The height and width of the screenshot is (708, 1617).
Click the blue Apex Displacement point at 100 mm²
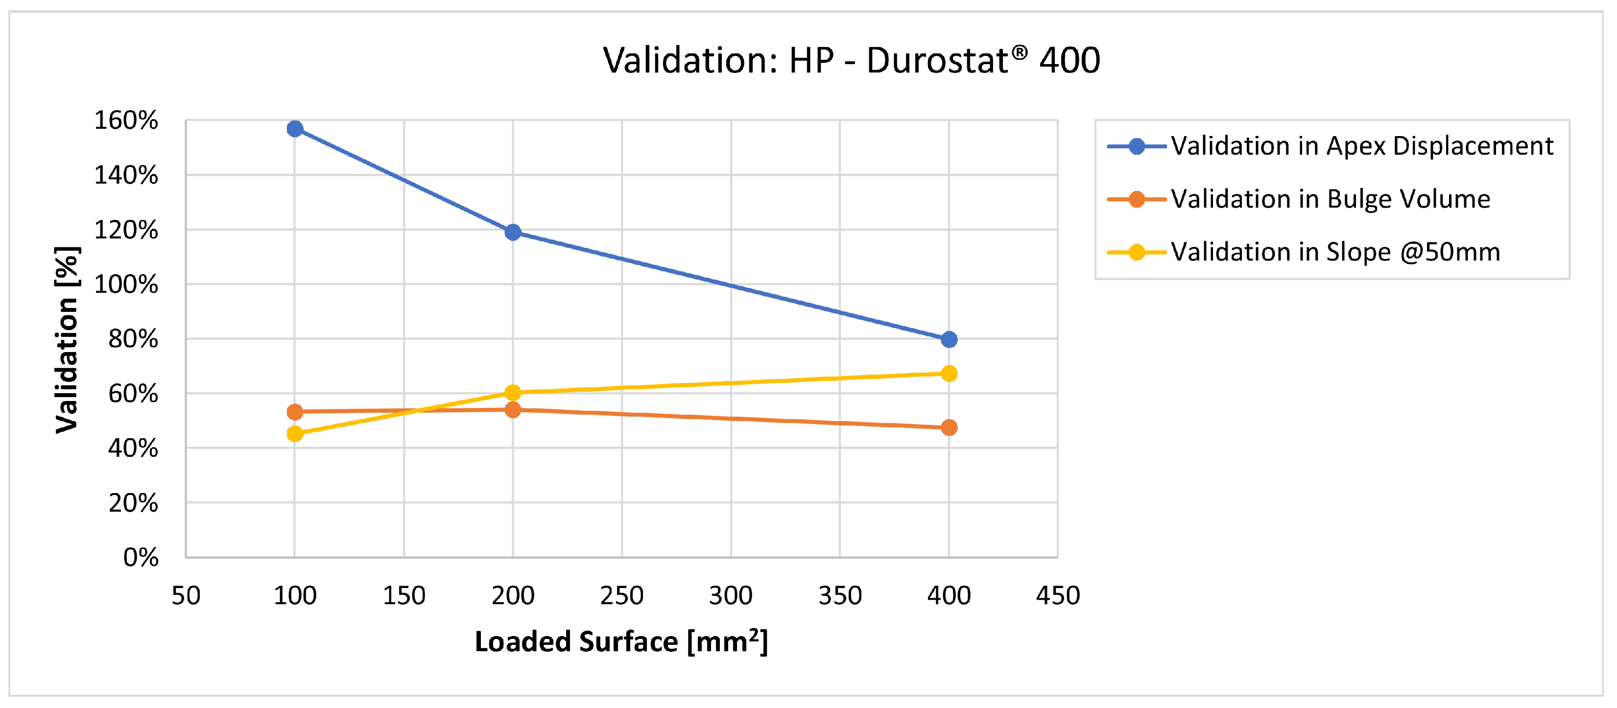294,129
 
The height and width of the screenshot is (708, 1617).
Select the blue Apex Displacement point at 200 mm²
512,232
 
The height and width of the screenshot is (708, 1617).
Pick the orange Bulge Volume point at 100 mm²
294,412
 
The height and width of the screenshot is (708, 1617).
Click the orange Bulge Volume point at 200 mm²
512,410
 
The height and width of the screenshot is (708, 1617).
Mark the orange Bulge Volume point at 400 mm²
949,427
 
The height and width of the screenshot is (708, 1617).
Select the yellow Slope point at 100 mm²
294,434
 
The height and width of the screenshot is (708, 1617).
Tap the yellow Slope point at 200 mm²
512,392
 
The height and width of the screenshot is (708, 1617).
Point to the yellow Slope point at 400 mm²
949,374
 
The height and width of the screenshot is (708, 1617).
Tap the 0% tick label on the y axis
141,557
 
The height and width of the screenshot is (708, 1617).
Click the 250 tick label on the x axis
621,595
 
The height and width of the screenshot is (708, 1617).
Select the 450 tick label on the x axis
1058,595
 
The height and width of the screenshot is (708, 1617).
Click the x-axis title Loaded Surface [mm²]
621,641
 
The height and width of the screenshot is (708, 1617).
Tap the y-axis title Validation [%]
67,339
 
